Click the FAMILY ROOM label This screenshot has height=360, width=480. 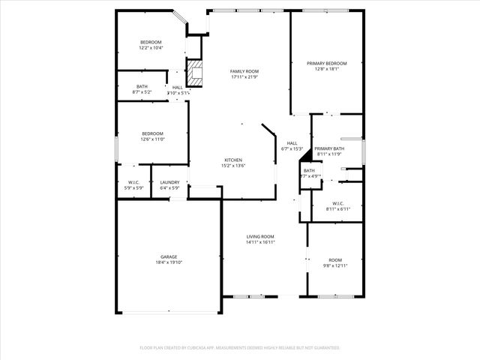pos(244,71)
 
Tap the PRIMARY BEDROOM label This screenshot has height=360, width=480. pos(326,63)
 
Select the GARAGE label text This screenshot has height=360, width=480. pos(168,256)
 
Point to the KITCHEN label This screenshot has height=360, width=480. pos(233,160)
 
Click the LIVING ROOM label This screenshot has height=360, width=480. pos(260,236)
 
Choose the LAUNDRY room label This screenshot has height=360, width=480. pos(169,181)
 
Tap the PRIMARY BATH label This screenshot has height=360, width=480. pos(329,148)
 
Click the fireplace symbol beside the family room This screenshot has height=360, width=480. pos(195,73)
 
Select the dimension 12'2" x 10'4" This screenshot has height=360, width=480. pos(151,48)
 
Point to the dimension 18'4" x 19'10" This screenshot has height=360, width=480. pos(168,262)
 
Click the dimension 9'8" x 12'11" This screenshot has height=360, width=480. pos(334,265)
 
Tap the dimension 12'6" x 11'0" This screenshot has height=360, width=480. pos(152,139)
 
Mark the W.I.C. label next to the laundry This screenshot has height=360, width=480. pos(134,181)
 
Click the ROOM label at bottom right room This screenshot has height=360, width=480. pos(334,259)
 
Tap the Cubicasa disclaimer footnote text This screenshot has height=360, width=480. pos(240,348)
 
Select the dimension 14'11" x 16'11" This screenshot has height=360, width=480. pos(260,242)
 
